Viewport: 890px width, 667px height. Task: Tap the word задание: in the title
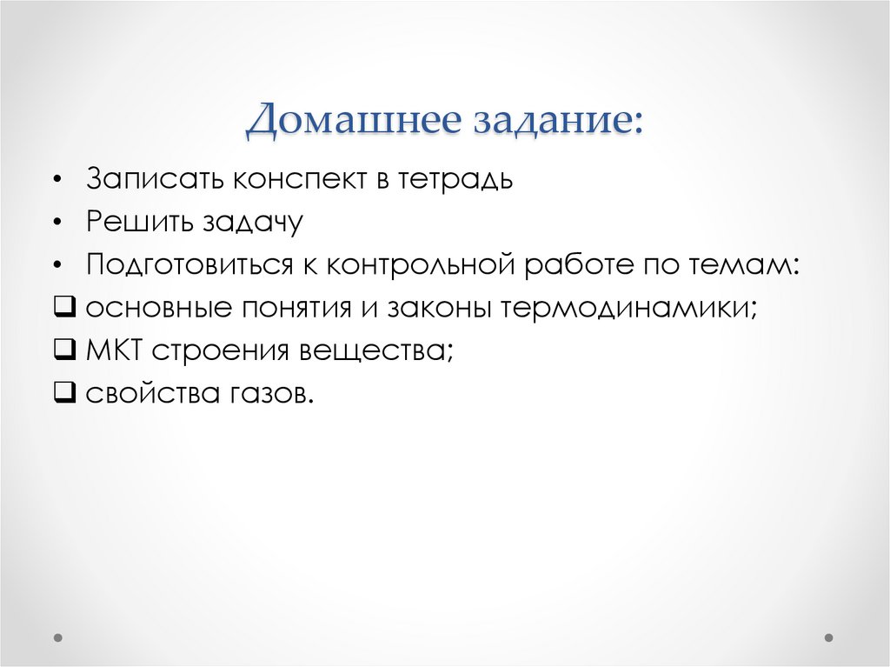[x=557, y=122]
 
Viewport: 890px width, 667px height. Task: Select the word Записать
[x=152, y=180]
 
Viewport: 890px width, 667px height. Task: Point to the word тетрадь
[x=455, y=180]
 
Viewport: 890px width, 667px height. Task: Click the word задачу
[x=253, y=223]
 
